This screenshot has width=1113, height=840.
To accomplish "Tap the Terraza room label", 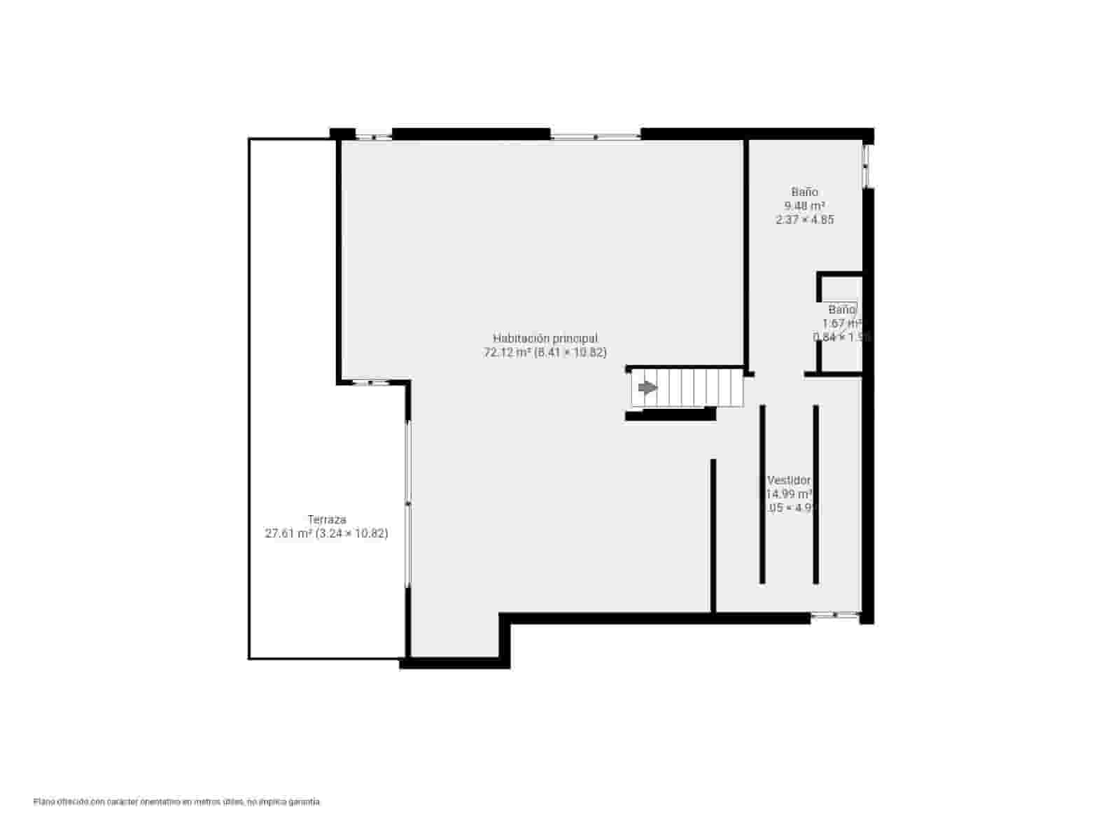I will (327, 520).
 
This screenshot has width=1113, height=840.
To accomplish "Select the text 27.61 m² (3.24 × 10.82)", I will (326, 533).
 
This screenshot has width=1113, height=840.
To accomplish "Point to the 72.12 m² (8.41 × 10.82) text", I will (545, 353).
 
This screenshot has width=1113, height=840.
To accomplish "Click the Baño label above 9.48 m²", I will (805, 192).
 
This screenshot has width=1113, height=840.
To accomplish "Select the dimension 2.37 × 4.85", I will (805, 220).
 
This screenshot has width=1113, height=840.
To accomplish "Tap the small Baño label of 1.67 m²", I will (842, 309).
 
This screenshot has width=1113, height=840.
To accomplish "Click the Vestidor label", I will (789, 480).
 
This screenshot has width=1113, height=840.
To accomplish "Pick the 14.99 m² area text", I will (789, 494).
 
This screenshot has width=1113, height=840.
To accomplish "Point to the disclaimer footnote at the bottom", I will (177, 801).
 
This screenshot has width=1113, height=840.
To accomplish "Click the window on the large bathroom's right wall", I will (867, 166).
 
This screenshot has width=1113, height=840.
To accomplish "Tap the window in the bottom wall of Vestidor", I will (835, 616).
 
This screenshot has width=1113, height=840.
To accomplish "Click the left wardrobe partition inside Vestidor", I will (762, 494).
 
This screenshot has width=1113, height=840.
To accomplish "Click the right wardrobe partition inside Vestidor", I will (816, 494).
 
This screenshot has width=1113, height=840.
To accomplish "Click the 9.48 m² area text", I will (805, 206).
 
